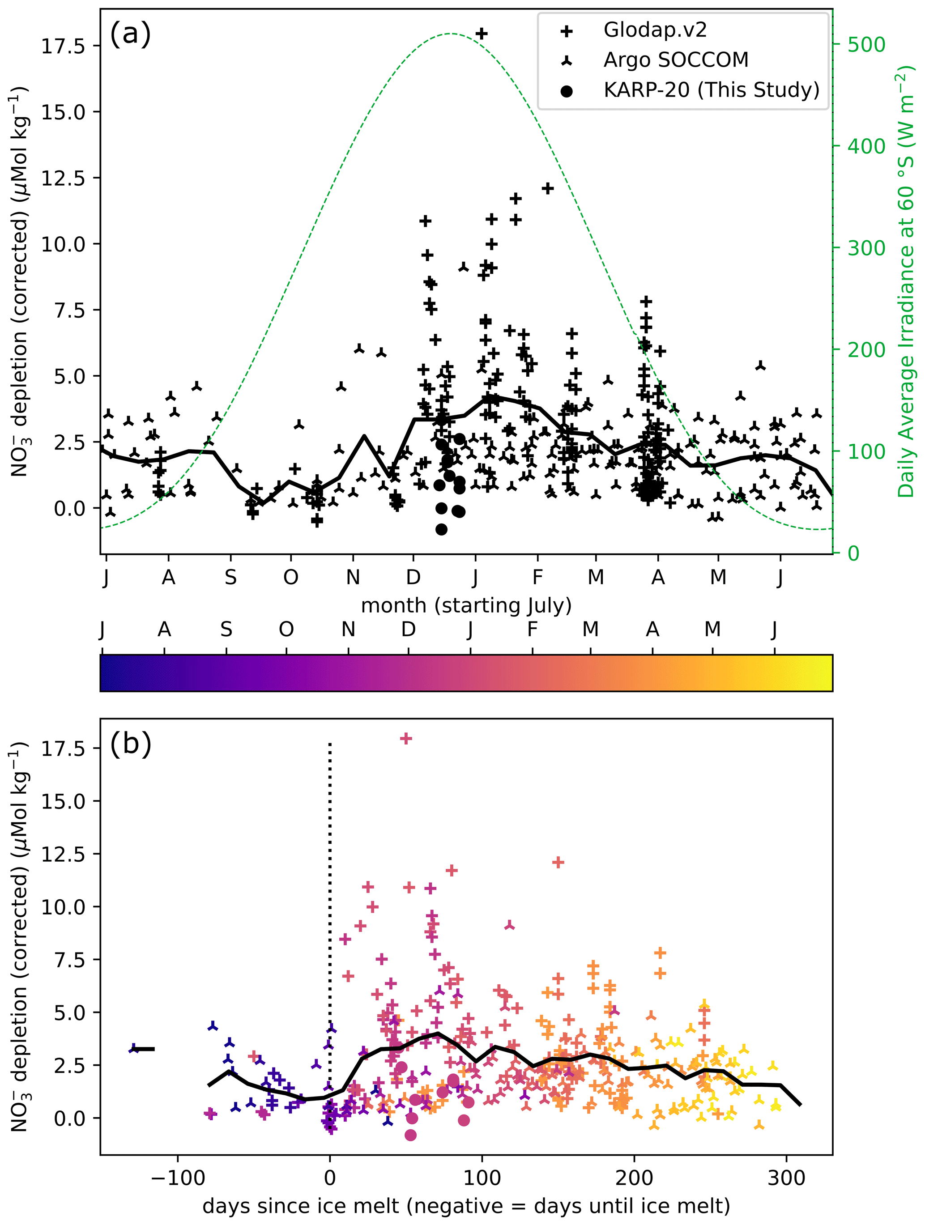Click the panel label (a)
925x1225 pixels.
click(130, 34)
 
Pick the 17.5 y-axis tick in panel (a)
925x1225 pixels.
click(63, 45)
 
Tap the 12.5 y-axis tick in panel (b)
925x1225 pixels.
click(63, 854)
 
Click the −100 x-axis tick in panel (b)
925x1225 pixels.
click(179, 1178)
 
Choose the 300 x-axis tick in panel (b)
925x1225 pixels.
click(787, 1178)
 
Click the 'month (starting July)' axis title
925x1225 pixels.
click(466, 605)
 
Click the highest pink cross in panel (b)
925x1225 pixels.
click(406, 738)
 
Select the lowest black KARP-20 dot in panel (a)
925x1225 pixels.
click(441, 529)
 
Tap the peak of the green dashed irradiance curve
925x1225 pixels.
click(452, 34)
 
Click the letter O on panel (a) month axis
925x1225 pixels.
click(291, 578)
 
